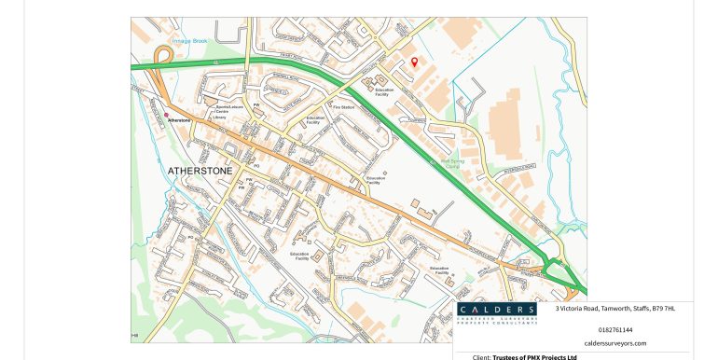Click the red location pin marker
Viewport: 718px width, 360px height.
(x=415, y=61)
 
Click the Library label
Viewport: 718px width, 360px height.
(x=218, y=118)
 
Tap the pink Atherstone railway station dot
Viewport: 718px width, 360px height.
(x=167, y=115)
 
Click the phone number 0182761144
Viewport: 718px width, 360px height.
(x=614, y=329)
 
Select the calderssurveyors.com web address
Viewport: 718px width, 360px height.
(x=614, y=342)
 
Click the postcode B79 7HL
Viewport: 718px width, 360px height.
(x=663, y=309)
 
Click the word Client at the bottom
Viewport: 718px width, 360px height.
(x=481, y=356)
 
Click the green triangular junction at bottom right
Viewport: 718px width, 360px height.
(x=562, y=272)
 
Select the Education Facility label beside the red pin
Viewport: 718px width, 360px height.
(x=384, y=91)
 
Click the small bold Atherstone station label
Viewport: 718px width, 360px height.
(x=178, y=120)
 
